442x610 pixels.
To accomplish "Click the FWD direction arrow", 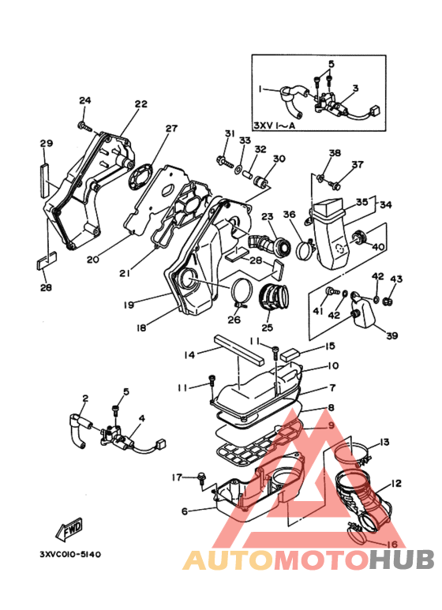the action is coord(69,530).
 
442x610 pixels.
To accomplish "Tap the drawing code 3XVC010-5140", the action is coord(70,554).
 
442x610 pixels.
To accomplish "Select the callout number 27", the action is coord(171,129).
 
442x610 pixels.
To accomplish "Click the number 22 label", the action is coord(141,104).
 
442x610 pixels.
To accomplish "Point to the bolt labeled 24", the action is coord(84,125).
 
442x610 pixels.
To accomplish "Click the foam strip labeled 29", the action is coord(46,180).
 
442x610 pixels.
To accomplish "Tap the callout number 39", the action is coord(391,335).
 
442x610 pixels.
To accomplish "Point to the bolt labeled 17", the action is coord(201,478).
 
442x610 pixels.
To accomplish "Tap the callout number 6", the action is coord(185,511).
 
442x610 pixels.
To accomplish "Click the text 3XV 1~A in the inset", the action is coord(275,125).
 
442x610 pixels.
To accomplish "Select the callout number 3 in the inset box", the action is coord(356,88).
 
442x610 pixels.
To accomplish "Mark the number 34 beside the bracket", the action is coord(386,204).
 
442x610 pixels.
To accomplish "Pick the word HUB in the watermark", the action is coord(402,559).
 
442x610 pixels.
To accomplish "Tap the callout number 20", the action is coord(92,259).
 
